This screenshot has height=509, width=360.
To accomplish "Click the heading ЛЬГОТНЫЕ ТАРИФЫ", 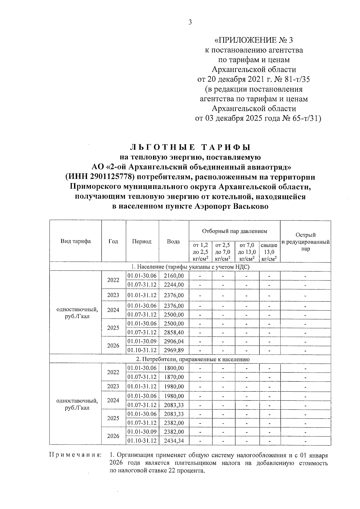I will coord(190,147).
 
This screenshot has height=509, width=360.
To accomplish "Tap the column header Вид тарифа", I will coord(76,241).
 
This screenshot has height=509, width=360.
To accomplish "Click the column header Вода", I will coord(173,241).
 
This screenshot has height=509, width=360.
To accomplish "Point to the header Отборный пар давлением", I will coord(234,231).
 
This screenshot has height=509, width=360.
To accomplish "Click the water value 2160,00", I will coord(174,276).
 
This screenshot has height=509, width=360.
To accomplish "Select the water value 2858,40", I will coord(174,332).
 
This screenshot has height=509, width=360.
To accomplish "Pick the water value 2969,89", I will coord(174,350).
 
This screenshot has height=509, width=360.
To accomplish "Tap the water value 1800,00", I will coord(174,368).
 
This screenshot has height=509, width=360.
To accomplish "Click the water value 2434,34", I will coord(174,441).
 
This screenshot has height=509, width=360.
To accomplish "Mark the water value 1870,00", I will coord(174,377).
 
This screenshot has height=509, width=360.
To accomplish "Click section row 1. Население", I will coord(190,267).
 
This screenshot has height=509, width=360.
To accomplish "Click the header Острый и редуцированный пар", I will coord(305,242).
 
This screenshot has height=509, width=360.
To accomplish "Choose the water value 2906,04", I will coord(174,341).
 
